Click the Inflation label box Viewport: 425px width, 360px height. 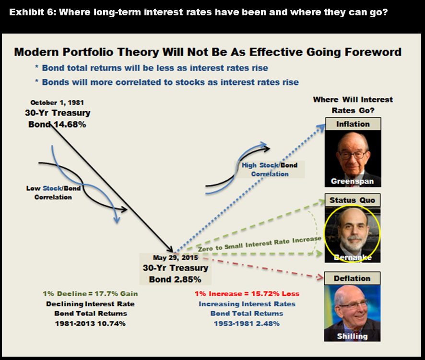[353, 124]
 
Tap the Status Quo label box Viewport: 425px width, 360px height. [353, 200]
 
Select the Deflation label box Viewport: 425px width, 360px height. [352, 279]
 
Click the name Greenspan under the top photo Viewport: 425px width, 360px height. [353, 181]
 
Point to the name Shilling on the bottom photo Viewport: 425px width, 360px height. [353, 336]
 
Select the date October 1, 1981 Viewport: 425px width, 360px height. [57, 103]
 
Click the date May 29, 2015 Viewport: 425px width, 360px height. [176, 257]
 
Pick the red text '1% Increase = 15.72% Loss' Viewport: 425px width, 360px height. [247, 294]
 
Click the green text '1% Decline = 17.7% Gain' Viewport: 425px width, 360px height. [90, 294]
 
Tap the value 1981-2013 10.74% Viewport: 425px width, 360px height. [90, 324]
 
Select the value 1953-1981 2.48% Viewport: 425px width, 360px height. [247, 324]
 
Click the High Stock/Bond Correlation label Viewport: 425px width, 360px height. [270, 170]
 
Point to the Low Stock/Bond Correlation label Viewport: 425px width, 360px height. [53, 193]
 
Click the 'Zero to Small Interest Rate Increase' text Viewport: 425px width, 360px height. [260, 244]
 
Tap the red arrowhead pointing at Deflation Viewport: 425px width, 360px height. [320, 277]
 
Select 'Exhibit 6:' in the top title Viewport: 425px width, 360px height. [32, 12]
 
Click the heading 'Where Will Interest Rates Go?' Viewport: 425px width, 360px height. [353, 105]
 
